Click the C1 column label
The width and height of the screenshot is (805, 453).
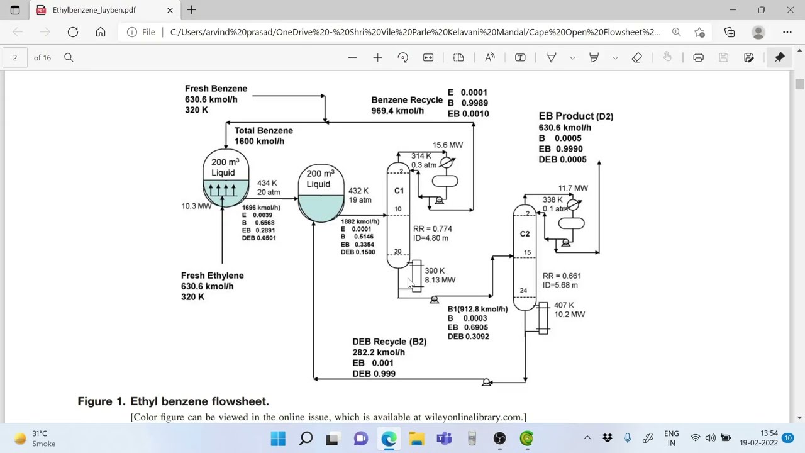pos(399,191)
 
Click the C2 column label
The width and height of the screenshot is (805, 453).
pos(525,233)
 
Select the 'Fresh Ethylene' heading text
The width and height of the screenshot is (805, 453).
pos(213,276)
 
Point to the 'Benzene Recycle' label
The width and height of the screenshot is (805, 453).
pos(407,100)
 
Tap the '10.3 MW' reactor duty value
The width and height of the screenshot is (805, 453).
pos(196,206)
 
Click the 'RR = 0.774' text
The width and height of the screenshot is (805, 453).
pos(432,228)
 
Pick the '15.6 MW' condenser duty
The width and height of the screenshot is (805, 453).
pos(448,145)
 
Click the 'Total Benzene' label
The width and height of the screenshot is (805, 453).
pos(264,130)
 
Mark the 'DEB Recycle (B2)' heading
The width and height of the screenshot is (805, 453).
pos(389,342)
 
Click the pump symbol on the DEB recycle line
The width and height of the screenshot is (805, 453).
pos(486,382)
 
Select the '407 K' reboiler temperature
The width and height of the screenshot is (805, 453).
pos(564,305)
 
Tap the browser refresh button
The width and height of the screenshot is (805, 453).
pos(73,32)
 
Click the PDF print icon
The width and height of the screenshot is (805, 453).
pos(698,57)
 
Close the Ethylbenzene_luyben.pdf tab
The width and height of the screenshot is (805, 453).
pos(170,10)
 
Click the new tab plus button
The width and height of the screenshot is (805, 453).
pos(192,10)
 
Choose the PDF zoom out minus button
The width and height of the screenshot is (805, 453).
pos(353,57)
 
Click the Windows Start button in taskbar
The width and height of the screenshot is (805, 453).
pos(278,439)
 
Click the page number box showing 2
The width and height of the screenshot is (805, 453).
pos(15,57)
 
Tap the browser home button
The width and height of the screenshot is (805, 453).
pos(101,32)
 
